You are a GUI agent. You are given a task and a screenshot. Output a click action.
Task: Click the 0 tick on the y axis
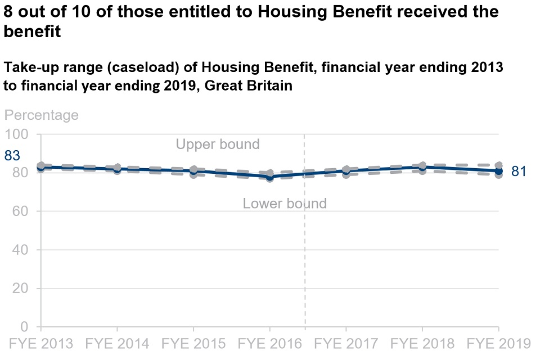tap(24, 327)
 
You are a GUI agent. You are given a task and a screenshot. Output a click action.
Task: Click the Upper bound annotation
tap(218, 145)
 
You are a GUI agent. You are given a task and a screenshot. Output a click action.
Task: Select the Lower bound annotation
tap(285, 204)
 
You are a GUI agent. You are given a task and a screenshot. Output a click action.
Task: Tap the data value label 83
tap(12, 156)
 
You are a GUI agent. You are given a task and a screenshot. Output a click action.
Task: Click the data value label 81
tap(519, 172)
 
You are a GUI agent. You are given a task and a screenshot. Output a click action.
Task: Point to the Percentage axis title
tap(42, 115)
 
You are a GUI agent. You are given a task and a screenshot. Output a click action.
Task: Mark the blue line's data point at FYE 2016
tap(270, 177)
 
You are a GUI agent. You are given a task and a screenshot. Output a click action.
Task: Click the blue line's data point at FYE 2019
tap(498, 170)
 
